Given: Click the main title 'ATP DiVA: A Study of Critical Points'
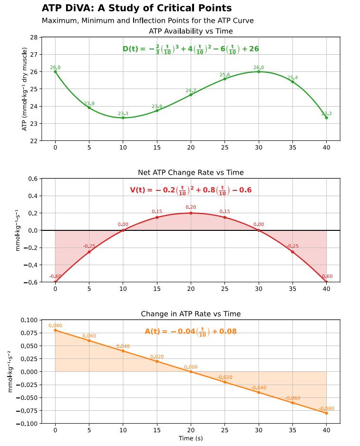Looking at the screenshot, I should (x=136, y=8).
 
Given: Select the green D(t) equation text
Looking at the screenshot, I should (x=191, y=49).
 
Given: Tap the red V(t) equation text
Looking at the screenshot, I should (x=191, y=190).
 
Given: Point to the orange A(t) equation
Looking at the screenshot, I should (x=191, y=331).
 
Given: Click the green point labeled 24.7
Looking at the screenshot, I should (x=191, y=95).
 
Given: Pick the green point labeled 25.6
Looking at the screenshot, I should (x=225, y=79).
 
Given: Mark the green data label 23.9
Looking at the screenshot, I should (x=89, y=103).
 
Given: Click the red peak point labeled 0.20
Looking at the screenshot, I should (x=191, y=213).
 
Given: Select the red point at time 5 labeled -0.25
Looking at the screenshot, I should (x=89, y=252).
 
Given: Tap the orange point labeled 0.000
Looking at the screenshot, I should (x=191, y=372).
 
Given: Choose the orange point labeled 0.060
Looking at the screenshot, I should (x=89, y=340).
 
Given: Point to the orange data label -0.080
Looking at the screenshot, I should (x=326, y=408).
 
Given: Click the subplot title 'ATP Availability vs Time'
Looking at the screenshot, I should (x=191, y=31).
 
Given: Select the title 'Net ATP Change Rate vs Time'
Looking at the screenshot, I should (x=191, y=172).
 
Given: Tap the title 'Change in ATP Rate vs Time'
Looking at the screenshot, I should (x=191, y=314).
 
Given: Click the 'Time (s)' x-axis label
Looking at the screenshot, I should (x=191, y=438).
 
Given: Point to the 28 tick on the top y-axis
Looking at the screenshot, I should (x=34, y=37).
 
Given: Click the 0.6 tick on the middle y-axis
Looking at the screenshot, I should (x=33, y=178).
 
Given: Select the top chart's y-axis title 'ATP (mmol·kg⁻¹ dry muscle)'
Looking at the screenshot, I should (x=24, y=89).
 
